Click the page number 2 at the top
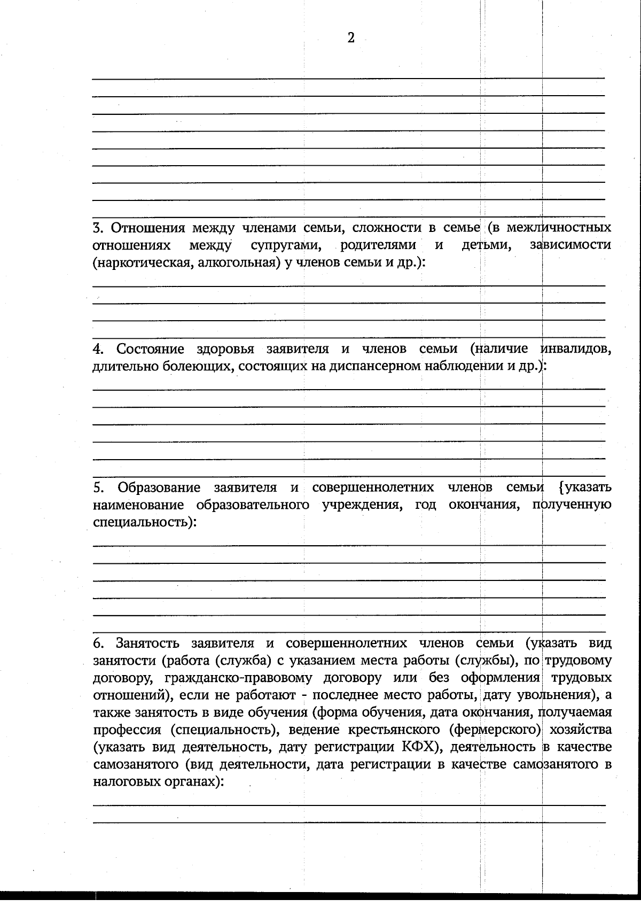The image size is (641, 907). coord(351,38)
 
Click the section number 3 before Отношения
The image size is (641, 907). coord(97,228)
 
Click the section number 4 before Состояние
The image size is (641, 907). coord(97,349)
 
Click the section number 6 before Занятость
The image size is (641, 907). coord(97,643)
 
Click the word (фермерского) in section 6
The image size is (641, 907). coord(496,730)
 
